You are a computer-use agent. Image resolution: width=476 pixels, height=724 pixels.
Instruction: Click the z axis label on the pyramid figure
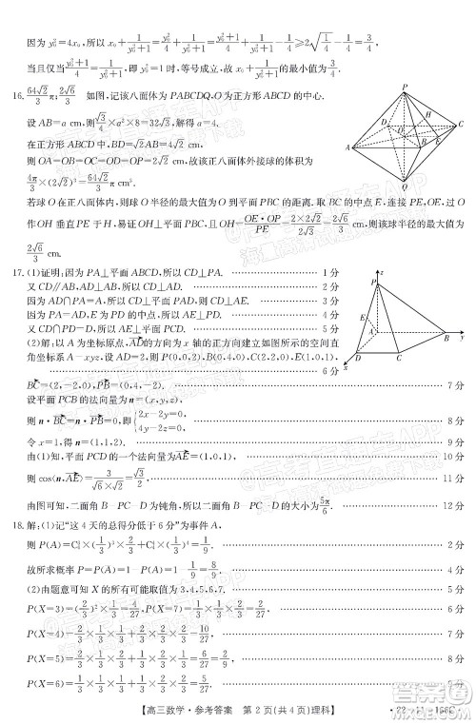(x=382, y=273)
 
